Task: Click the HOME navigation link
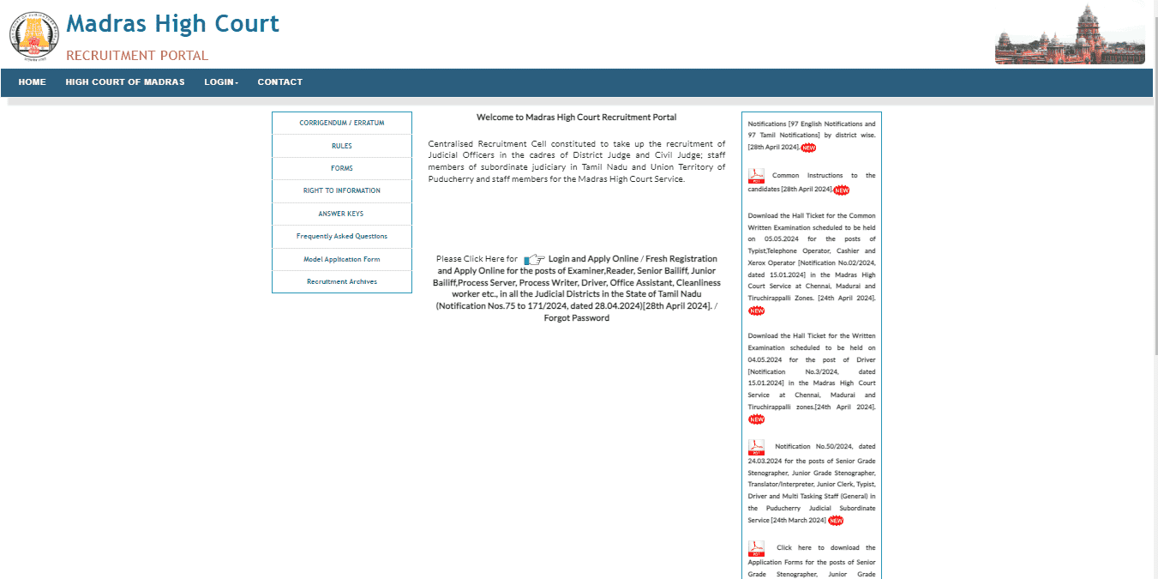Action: pyautogui.click(x=32, y=82)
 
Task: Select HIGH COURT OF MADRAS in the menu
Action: pyautogui.click(x=125, y=82)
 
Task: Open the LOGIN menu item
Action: pyautogui.click(x=221, y=82)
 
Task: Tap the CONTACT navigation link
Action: pyautogui.click(x=280, y=82)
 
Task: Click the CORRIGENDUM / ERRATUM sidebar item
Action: pyautogui.click(x=341, y=123)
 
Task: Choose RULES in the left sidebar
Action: pyautogui.click(x=341, y=146)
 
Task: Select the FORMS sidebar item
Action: pyautogui.click(x=341, y=168)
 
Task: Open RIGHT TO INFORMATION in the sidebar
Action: pyautogui.click(x=341, y=190)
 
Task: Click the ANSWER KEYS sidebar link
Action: pyautogui.click(x=341, y=214)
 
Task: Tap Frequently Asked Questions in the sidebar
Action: pyautogui.click(x=341, y=236)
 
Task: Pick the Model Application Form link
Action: pyautogui.click(x=341, y=259)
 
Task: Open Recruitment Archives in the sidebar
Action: pyautogui.click(x=341, y=281)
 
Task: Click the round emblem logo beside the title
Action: pyautogui.click(x=34, y=36)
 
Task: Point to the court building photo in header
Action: pyautogui.click(x=1070, y=35)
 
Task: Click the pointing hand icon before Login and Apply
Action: pyautogui.click(x=534, y=259)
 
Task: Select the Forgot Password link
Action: pyautogui.click(x=576, y=318)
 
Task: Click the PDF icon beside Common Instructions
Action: pyautogui.click(x=756, y=176)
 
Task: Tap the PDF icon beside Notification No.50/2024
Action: pyautogui.click(x=756, y=447)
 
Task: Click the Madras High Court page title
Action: pyautogui.click(x=172, y=24)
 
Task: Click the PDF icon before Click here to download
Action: pyautogui.click(x=756, y=548)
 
